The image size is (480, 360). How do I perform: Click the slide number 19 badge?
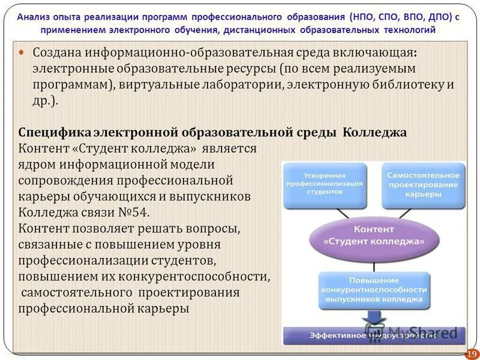pyautogui.click(x=471, y=354)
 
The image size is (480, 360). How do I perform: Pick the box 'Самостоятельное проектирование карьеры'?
pyautogui.click(x=422, y=185)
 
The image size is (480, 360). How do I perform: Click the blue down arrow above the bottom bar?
pyautogui.click(x=373, y=317)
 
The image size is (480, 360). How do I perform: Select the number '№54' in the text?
pyautogui.click(x=135, y=212)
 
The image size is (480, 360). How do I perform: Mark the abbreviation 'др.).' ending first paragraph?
pyautogui.click(x=44, y=101)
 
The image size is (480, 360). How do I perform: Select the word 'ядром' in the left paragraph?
pyautogui.click(x=35, y=164)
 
